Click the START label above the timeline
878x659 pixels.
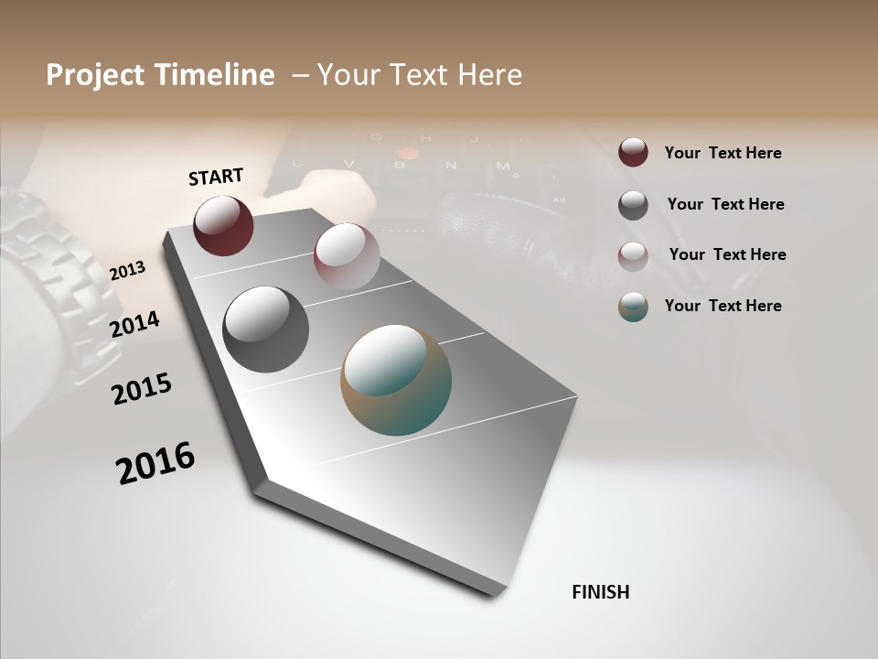pyautogui.click(x=216, y=176)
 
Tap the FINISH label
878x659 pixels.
pyautogui.click(x=600, y=592)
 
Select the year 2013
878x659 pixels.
pyautogui.click(x=127, y=270)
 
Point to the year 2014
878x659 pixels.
pyautogui.click(x=134, y=324)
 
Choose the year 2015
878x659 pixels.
pyautogui.click(x=142, y=389)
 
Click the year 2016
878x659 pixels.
pyautogui.click(x=155, y=462)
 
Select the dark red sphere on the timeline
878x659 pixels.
pyautogui.click(x=223, y=225)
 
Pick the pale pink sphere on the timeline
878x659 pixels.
pyautogui.click(x=347, y=255)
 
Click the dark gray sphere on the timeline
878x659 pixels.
pyautogui.click(x=266, y=329)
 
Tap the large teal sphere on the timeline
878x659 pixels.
pyautogui.click(x=396, y=380)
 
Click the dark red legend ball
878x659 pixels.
pyautogui.click(x=633, y=152)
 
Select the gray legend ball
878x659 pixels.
pyautogui.click(x=633, y=205)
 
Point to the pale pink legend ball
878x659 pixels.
pyautogui.click(x=633, y=256)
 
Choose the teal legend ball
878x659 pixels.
pyautogui.click(x=633, y=307)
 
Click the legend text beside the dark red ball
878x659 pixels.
pyautogui.click(x=723, y=153)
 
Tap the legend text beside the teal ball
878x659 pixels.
pyautogui.click(x=723, y=306)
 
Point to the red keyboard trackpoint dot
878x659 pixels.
pyautogui.click(x=402, y=154)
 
